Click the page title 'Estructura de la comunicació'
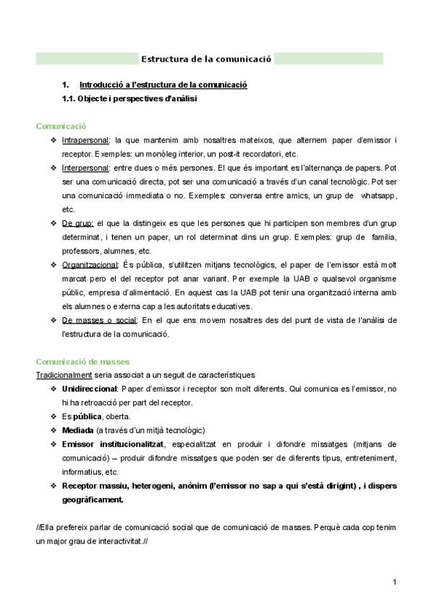tap(206, 59)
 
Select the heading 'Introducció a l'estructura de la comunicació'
tap(163, 85)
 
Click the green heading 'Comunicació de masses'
tap(82, 361)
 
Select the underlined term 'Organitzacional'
tap(90, 264)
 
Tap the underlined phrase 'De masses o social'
tap(98, 319)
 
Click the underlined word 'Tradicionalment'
tap(64, 374)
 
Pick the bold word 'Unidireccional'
tap(90, 389)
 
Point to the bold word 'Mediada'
tap(77, 430)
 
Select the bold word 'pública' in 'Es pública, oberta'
tap(87, 416)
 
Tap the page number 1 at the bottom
tap(395, 582)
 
